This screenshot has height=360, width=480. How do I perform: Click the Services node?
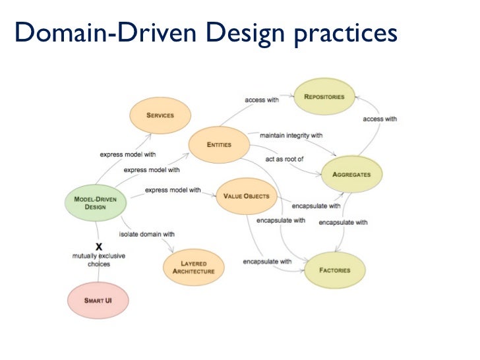(160, 115)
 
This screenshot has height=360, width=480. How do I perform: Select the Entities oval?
(219, 144)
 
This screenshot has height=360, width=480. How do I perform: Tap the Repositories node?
(324, 97)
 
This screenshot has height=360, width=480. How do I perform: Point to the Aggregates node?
(351, 174)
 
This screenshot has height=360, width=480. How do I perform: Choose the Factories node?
(334, 270)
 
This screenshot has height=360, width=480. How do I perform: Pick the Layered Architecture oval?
(193, 267)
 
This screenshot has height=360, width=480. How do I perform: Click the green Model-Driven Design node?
(95, 202)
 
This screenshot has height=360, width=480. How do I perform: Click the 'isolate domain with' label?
(146, 233)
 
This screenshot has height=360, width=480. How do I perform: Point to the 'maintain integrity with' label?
(291, 136)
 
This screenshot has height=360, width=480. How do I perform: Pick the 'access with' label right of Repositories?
(380, 119)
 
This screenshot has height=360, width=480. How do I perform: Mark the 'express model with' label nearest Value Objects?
(173, 190)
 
